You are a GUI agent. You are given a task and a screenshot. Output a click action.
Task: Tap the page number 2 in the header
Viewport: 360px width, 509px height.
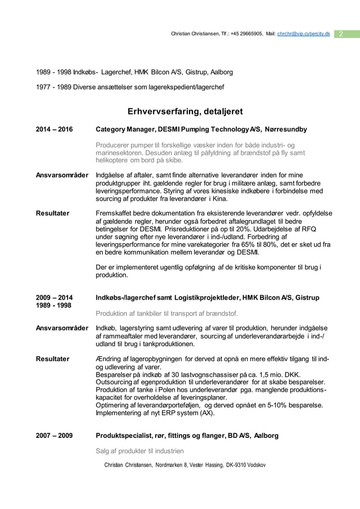coord(342,35)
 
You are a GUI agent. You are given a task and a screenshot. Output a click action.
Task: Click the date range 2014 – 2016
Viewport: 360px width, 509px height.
coord(54,130)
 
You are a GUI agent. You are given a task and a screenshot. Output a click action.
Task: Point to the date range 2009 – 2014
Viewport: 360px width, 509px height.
coord(54,297)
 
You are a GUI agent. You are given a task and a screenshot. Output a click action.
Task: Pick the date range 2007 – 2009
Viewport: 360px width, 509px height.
coord(54,436)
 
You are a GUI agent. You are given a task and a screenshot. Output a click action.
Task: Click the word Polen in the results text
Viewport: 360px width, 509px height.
coord(159,390)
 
